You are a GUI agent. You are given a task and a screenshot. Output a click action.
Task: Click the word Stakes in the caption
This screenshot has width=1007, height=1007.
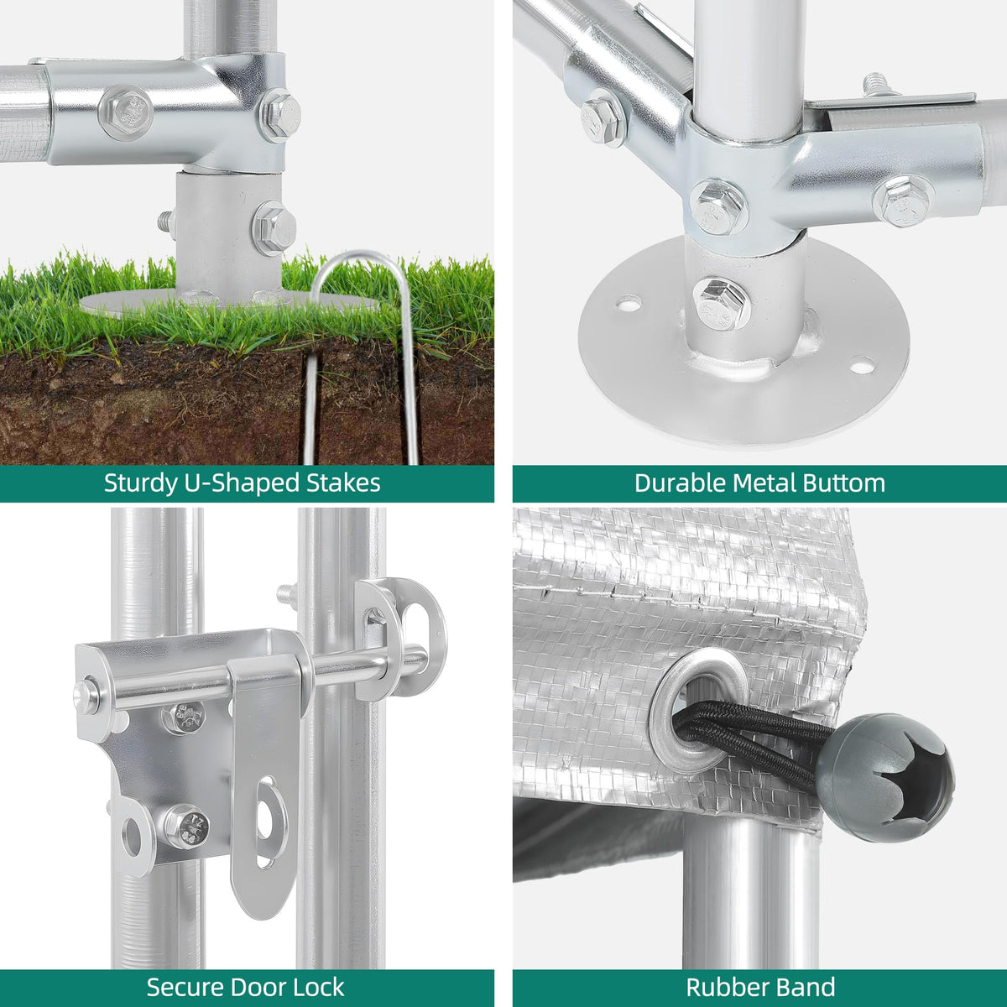(x=343, y=483)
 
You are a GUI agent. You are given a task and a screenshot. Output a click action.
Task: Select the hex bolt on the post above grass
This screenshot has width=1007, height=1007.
(x=274, y=228)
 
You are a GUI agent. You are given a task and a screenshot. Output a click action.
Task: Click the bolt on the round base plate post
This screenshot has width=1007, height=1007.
(x=722, y=305)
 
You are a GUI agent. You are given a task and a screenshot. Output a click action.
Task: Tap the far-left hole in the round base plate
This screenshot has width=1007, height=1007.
(x=629, y=302)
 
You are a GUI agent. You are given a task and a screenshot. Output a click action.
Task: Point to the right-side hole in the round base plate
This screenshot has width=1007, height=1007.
(x=862, y=365)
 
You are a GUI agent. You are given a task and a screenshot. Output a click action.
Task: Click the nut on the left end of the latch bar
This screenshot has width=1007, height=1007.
(x=86, y=697)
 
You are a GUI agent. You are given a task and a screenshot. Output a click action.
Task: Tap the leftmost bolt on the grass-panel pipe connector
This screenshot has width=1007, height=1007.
(x=125, y=113)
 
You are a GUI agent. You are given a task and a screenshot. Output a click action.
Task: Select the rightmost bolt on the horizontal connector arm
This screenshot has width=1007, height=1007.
(x=903, y=201)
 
